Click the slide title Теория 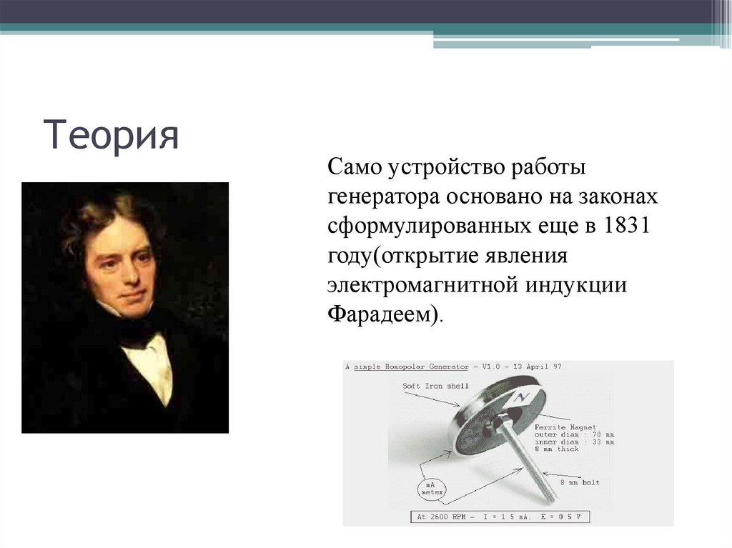[x=112, y=135]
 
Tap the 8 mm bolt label [x=578, y=482]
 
